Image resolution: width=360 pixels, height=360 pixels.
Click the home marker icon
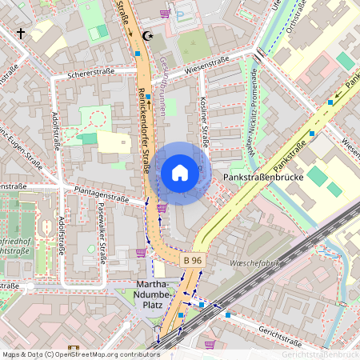(x=179, y=173)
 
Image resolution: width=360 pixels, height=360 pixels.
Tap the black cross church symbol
(x=21, y=34)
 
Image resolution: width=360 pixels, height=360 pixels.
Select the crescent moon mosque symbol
(x=146, y=36)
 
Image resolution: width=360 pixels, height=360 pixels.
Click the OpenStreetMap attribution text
(x=81, y=354)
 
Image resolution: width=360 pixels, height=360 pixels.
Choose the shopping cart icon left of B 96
(x=142, y=254)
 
